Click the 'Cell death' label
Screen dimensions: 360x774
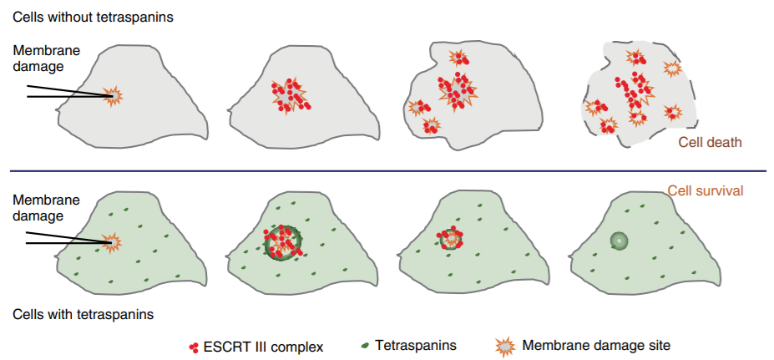point(710,142)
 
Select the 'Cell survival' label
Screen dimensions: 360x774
point(706,190)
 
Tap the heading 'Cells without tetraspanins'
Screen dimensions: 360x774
point(94,17)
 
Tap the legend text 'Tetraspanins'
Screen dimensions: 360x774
point(416,344)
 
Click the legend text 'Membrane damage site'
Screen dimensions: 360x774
point(596,344)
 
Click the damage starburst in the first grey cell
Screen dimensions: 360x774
point(112,96)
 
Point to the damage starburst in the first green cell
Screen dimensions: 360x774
point(112,242)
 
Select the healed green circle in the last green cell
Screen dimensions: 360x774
point(619,241)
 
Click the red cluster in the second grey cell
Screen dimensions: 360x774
point(288,94)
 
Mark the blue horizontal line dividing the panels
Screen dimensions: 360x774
point(387,172)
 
